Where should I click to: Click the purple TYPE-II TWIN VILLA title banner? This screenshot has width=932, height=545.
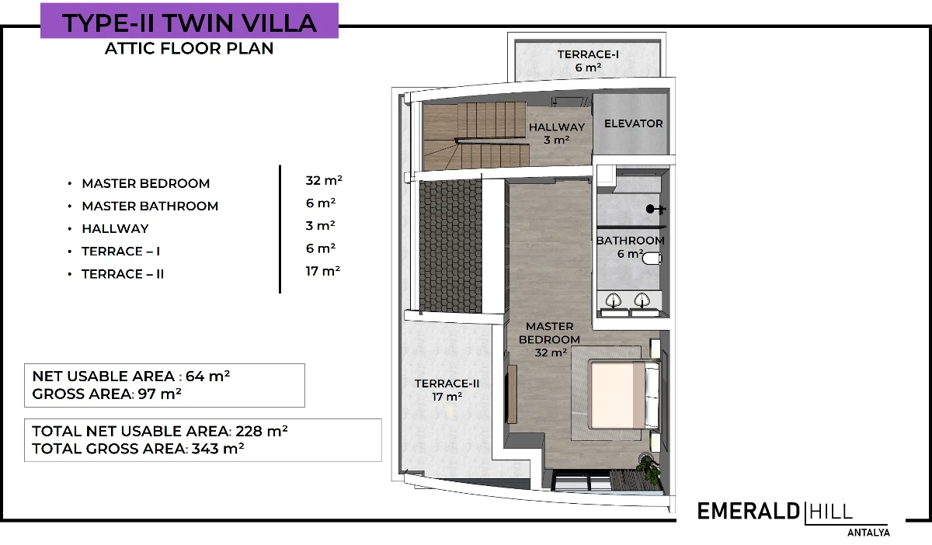190,21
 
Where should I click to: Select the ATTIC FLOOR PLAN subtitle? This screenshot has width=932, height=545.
190,48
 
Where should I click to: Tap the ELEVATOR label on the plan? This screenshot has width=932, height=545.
633,123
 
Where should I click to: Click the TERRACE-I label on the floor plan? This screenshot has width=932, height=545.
588,54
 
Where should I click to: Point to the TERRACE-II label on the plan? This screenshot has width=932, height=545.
447,384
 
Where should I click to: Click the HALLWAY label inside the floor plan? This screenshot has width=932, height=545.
557,127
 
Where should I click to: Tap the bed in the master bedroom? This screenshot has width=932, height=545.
624,395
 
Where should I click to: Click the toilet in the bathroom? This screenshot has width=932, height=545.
652,259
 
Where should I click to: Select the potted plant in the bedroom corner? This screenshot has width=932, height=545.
650,468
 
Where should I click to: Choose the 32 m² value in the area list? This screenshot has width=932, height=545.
324,180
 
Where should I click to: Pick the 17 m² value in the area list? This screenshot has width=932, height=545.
323,271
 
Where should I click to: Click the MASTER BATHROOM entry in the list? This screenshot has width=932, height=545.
150,206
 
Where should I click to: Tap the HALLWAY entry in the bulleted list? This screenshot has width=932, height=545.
115,229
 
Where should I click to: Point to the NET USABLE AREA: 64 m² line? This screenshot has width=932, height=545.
130,376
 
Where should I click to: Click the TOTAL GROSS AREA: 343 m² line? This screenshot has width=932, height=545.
137,449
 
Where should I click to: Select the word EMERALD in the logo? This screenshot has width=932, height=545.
748,512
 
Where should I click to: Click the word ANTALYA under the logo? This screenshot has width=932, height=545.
868,533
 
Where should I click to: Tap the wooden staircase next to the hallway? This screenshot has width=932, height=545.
475,137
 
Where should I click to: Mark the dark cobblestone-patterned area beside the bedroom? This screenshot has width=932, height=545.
450,246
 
